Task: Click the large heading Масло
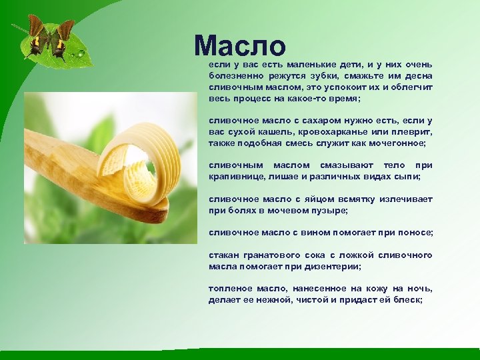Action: pos(240,45)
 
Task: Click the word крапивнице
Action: pos(238,177)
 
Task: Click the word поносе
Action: pos(415,233)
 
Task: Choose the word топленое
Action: pos(230,289)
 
